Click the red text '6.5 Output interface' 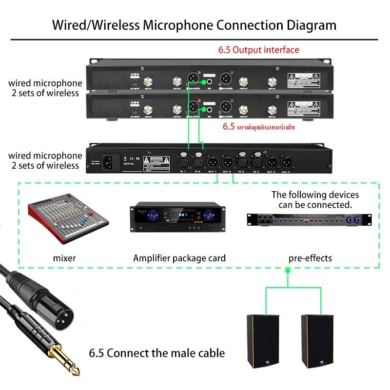click(258, 50)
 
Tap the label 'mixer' click(64, 258)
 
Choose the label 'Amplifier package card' click(179, 258)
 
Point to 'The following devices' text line click(315, 195)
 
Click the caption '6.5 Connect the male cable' click(157, 352)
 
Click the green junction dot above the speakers click(288, 282)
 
